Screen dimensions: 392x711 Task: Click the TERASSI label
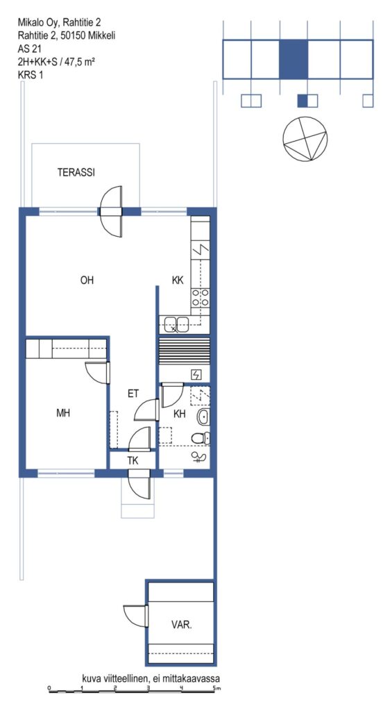tap(76, 172)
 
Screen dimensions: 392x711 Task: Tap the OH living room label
tap(87, 281)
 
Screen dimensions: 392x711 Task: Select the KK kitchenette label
tap(177, 281)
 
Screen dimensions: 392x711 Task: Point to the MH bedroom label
tap(63, 413)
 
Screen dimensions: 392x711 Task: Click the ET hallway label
tap(133, 394)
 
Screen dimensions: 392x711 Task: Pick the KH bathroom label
tap(180, 413)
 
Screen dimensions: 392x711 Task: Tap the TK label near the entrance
tap(133, 461)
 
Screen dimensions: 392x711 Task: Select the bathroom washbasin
tap(203, 416)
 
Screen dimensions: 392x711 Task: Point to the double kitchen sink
tap(177, 324)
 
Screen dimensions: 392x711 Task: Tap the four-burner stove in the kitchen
tap(201, 297)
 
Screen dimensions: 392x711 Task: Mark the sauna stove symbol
tap(196, 374)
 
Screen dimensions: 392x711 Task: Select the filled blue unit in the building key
tap(293, 60)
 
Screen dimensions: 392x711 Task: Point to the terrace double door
tap(112, 212)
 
